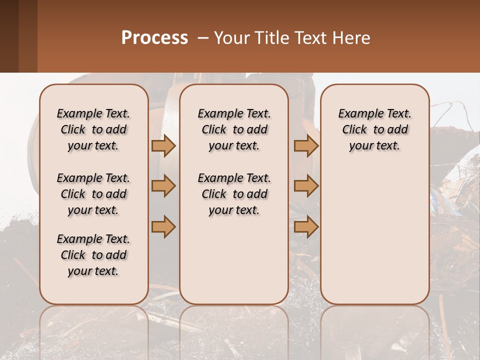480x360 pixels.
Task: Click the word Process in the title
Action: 154,38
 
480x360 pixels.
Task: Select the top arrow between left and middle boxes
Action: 163,145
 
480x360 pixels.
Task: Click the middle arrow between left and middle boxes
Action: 163,186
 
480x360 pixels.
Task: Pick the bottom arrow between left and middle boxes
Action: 163,226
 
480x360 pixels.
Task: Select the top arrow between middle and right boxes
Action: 306,145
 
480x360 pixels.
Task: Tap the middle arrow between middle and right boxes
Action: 306,186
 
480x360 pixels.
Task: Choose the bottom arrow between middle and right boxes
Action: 306,226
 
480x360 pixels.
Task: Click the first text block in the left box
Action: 93,129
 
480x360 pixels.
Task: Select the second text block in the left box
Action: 93,194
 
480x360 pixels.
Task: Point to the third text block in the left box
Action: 93,255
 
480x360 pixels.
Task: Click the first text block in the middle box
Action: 234,129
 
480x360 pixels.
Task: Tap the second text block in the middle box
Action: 234,194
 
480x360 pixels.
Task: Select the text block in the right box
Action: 375,129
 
